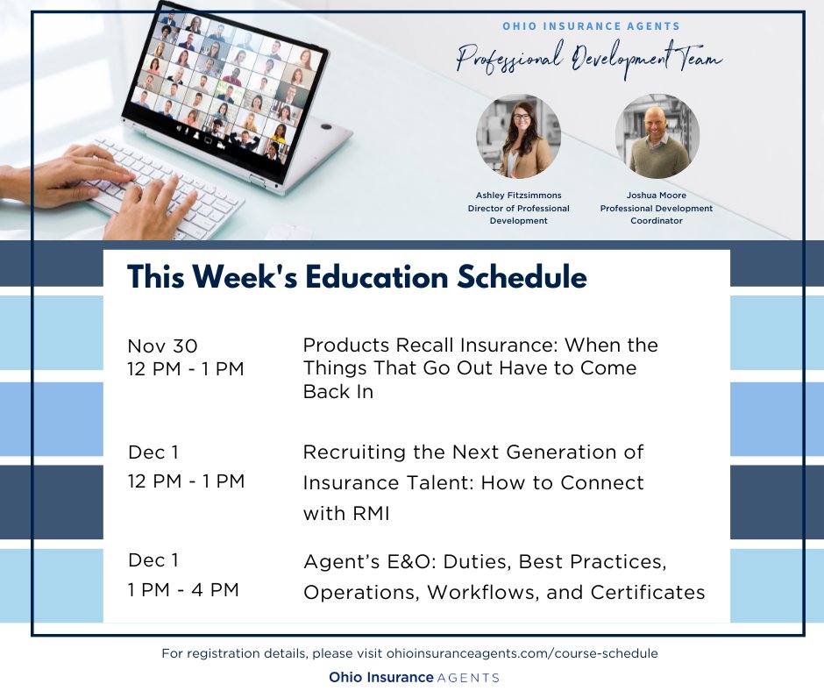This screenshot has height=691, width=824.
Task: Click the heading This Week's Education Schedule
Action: (x=357, y=277)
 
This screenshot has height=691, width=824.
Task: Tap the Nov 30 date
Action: (x=162, y=345)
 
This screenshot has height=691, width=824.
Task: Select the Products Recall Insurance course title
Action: (x=479, y=368)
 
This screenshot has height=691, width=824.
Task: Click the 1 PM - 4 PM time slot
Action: (x=183, y=590)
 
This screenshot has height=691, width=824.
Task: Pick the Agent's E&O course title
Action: (x=503, y=576)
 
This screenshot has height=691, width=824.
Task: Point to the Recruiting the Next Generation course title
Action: (x=473, y=482)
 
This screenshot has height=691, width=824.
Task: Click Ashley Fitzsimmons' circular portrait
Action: (x=518, y=137)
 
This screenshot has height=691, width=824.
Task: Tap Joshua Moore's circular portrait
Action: (x=657, y=137)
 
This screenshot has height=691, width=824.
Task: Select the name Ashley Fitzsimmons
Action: (x=518, y=196)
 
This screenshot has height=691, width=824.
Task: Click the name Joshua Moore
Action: (x=656, y=196)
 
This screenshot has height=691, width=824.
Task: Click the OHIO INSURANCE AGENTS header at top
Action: (x=591, y=26)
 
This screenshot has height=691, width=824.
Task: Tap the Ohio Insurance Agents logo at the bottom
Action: (x=414, y=677)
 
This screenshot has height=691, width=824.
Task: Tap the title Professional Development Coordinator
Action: (x=656, y=215)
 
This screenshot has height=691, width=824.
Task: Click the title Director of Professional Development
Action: (x=518, y=215)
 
